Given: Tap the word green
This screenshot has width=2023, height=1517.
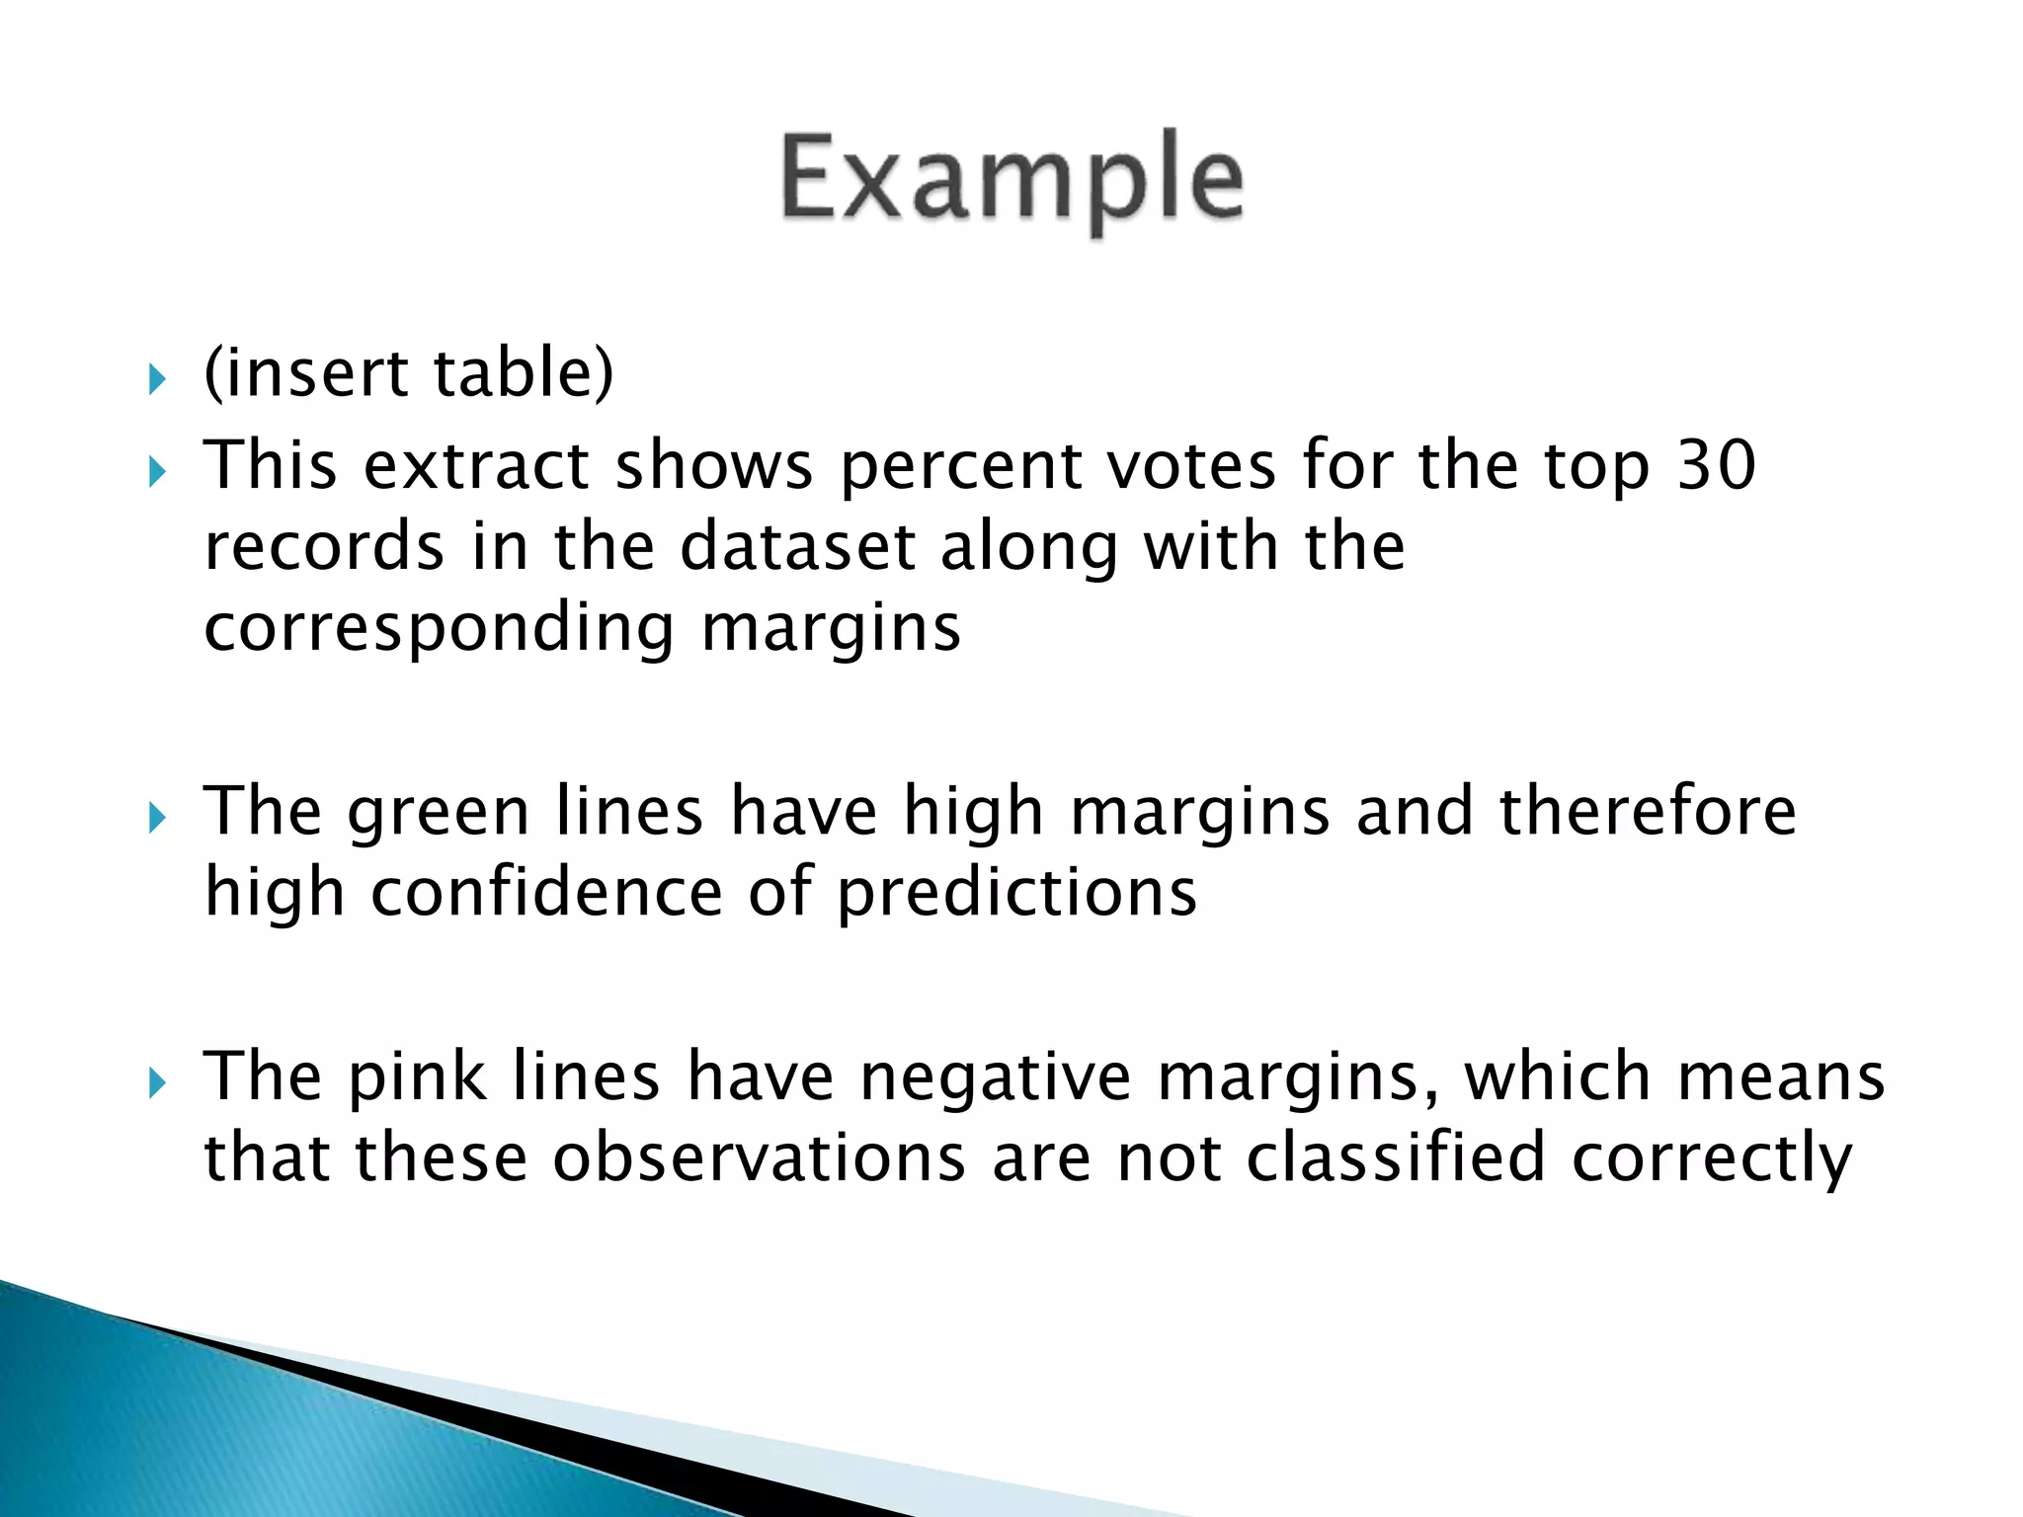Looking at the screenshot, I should [438, 812].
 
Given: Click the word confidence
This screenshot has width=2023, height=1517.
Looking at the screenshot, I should [546, 893].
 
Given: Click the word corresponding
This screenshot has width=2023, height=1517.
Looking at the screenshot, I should [439, 630].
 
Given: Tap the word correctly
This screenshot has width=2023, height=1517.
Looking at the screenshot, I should [1712, 1159].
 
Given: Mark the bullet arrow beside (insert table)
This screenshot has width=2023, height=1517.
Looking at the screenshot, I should [157, 378].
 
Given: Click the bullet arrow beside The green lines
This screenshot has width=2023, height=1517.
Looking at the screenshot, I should [157, 818].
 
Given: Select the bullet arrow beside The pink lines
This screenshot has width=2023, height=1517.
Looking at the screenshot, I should [157, 1083].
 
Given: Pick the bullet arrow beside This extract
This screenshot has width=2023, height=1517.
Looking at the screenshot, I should [157, 472].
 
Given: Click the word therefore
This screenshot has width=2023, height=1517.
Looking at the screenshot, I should [1648, 812].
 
